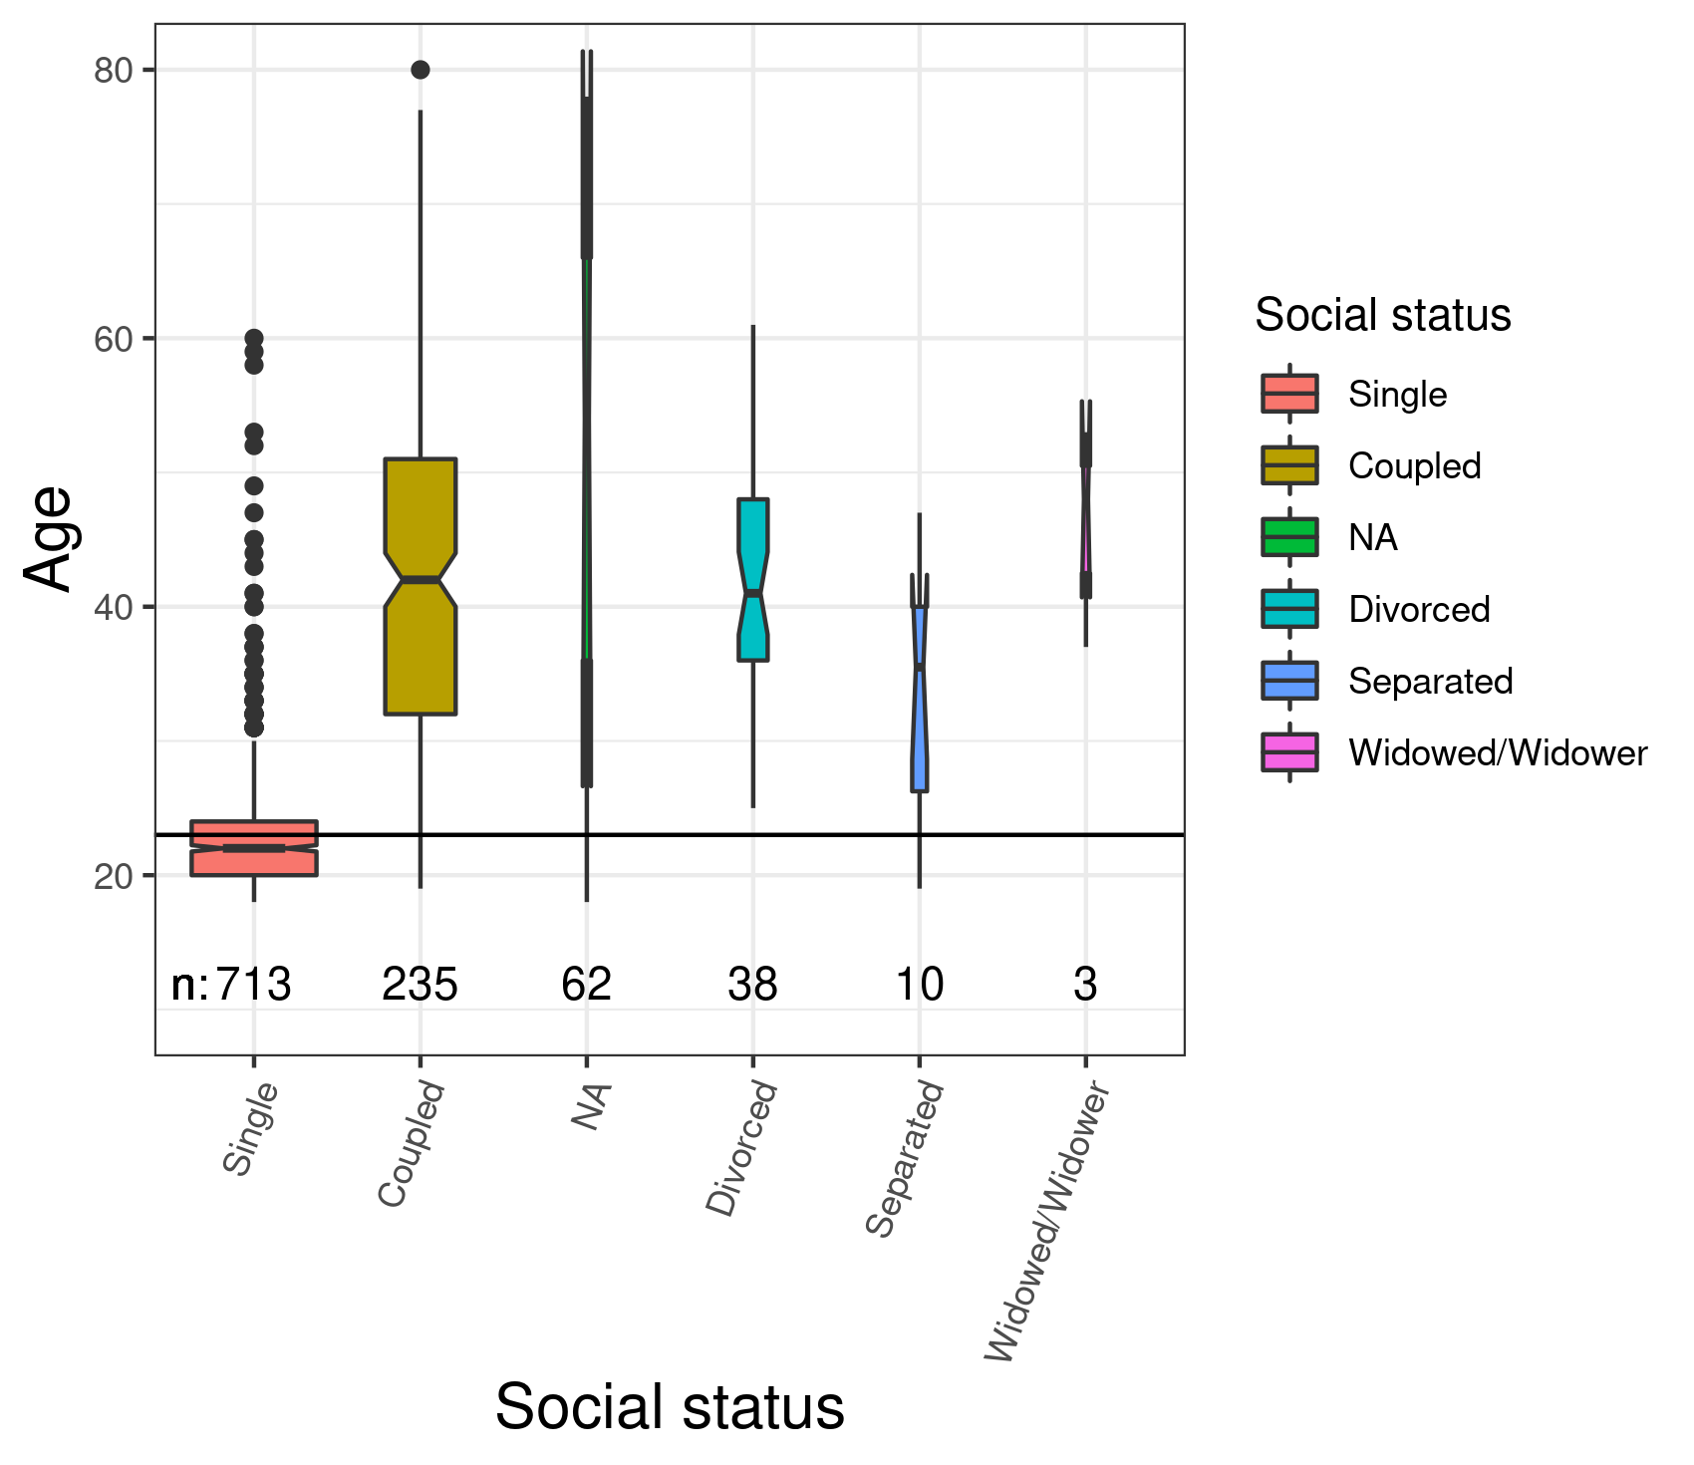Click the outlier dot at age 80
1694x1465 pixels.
pos(420,70)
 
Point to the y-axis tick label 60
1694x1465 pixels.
pos(113,339)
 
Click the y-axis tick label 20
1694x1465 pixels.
pos(113,876)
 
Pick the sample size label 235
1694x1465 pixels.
pos(420,985)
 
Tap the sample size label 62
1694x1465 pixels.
pos(586,985)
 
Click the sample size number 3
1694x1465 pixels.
pos(1085,985)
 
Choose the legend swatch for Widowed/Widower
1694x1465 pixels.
pos(1289,752)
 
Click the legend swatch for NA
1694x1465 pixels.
pos(1289,537)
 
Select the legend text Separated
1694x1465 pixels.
pos(1430,682)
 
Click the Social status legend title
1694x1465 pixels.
pos(1382,315)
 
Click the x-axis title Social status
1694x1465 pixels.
pos(670,1407)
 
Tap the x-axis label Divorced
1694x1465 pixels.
pos(742,1148)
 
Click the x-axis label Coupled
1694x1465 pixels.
pos(412,1144)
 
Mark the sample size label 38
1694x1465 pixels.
pos(752,985)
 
